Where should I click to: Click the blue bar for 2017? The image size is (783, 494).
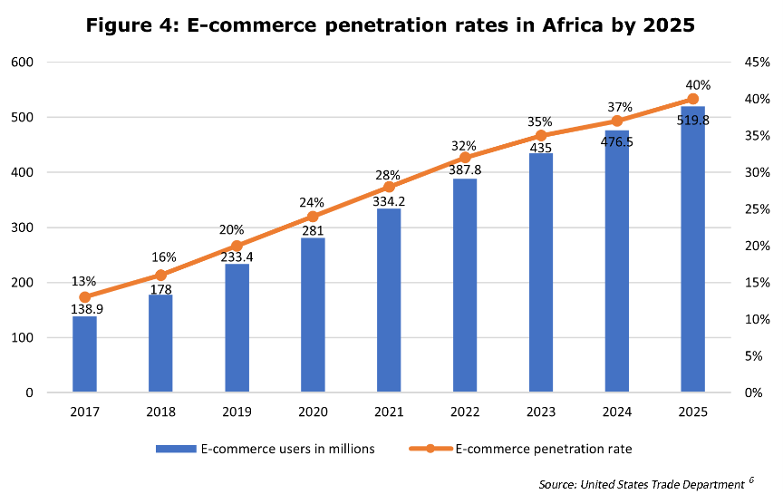(84, 354)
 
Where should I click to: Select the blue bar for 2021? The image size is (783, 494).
(389, 301)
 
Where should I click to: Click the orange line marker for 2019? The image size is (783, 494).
(237, 246)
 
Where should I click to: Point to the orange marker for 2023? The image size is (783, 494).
(541, 136)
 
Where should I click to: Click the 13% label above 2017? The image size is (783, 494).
(85, 281)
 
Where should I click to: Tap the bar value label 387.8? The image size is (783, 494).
(465, 169)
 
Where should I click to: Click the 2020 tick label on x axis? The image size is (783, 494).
(313, 412)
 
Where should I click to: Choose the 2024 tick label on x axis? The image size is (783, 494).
(616, 412)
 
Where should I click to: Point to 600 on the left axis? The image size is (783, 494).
(23, 63)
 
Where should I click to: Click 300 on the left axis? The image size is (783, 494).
(23, 228)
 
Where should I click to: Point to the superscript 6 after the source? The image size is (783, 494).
(751, 481)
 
